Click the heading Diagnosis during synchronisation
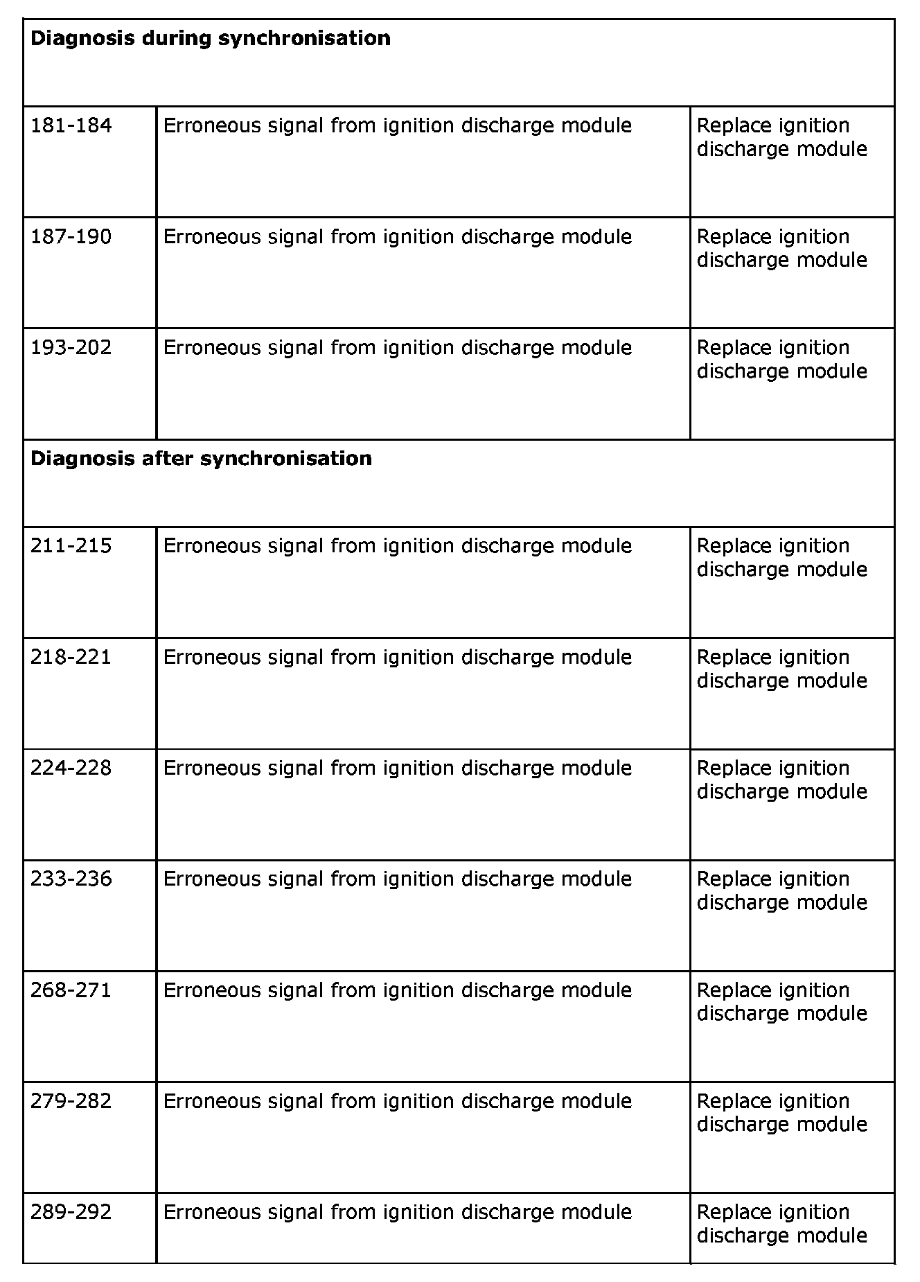click(211, 38)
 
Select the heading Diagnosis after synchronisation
click(201, 458)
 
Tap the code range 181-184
click(71, 125)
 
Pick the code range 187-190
click(71, 237)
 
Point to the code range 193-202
click(71, 347)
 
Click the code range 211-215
click(71, 546)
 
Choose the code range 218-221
click(71, 657)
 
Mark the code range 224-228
click(71, 768)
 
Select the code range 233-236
click(71, 879)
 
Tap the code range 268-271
click(71, 990)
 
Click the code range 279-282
click(71, 1101)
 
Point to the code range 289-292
click(71, 1212)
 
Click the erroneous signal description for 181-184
click(397, 125)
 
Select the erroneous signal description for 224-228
click(397, 768)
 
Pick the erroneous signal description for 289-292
click(397, 1212)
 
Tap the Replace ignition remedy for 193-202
click(781, 359)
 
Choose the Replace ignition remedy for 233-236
click(781, 890)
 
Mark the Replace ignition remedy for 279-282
click(781, 1112)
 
